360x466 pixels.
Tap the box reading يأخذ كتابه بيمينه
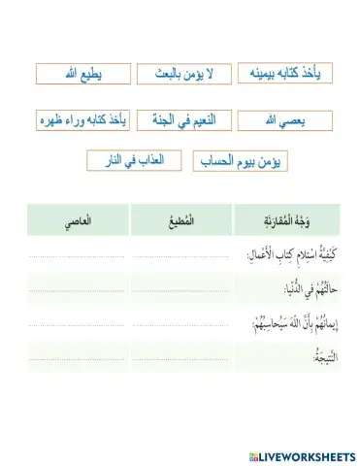tap(283, 75)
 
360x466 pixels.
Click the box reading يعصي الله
tap(283, 119)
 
